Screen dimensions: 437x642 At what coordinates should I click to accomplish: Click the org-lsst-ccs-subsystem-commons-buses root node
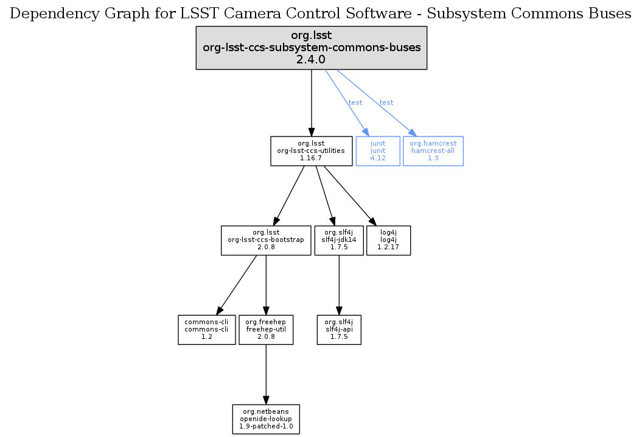tap(311, 48)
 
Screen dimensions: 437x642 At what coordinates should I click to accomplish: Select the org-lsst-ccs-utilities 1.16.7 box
tap(311, 151)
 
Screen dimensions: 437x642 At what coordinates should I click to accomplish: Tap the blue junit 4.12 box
tap(378, 151)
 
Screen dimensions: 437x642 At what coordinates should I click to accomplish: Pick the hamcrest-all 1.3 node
tap(433, 151)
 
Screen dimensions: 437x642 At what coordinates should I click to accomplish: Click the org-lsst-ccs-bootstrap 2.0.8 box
tap(265, 240)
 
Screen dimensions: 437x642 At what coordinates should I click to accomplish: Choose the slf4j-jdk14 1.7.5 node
tap(338, 240)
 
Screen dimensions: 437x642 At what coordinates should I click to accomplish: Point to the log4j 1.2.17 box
tap(388, 240)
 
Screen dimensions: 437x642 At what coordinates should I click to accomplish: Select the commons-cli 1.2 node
tap(206, 329)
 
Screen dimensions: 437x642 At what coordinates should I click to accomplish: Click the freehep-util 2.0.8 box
tap(266, 329)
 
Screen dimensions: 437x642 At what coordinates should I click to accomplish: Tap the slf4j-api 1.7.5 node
tap(339, 329)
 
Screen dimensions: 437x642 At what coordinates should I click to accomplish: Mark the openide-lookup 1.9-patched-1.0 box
tap(266, 419)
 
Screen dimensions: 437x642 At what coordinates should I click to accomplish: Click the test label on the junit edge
tap(355, 102)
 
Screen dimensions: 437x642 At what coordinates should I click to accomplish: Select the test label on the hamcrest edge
tap(386, 102)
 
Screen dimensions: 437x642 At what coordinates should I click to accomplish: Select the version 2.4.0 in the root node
tap(311, 60)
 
